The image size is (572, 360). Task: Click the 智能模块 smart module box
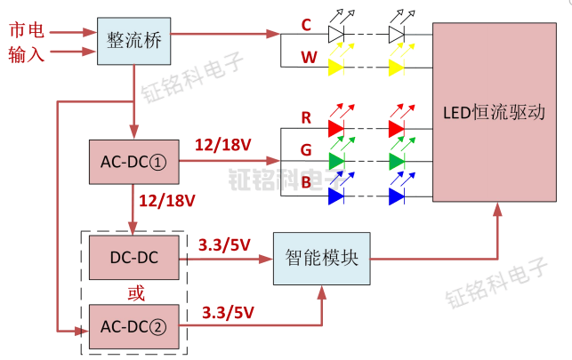click(321, 259)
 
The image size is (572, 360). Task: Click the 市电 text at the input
click(24, 30)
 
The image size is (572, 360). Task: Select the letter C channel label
click(307, 25)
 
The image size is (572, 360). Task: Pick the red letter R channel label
click(307, 117)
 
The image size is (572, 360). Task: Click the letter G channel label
click(307, 150)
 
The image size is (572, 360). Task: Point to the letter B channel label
click(307, 183)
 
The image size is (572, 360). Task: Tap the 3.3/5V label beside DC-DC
click(225, 244)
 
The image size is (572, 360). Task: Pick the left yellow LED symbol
click(336, 67)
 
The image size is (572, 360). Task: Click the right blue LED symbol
click(397, 194)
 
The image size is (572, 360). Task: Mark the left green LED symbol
click(336, 161)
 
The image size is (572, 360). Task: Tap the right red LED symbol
click(397, 128)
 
